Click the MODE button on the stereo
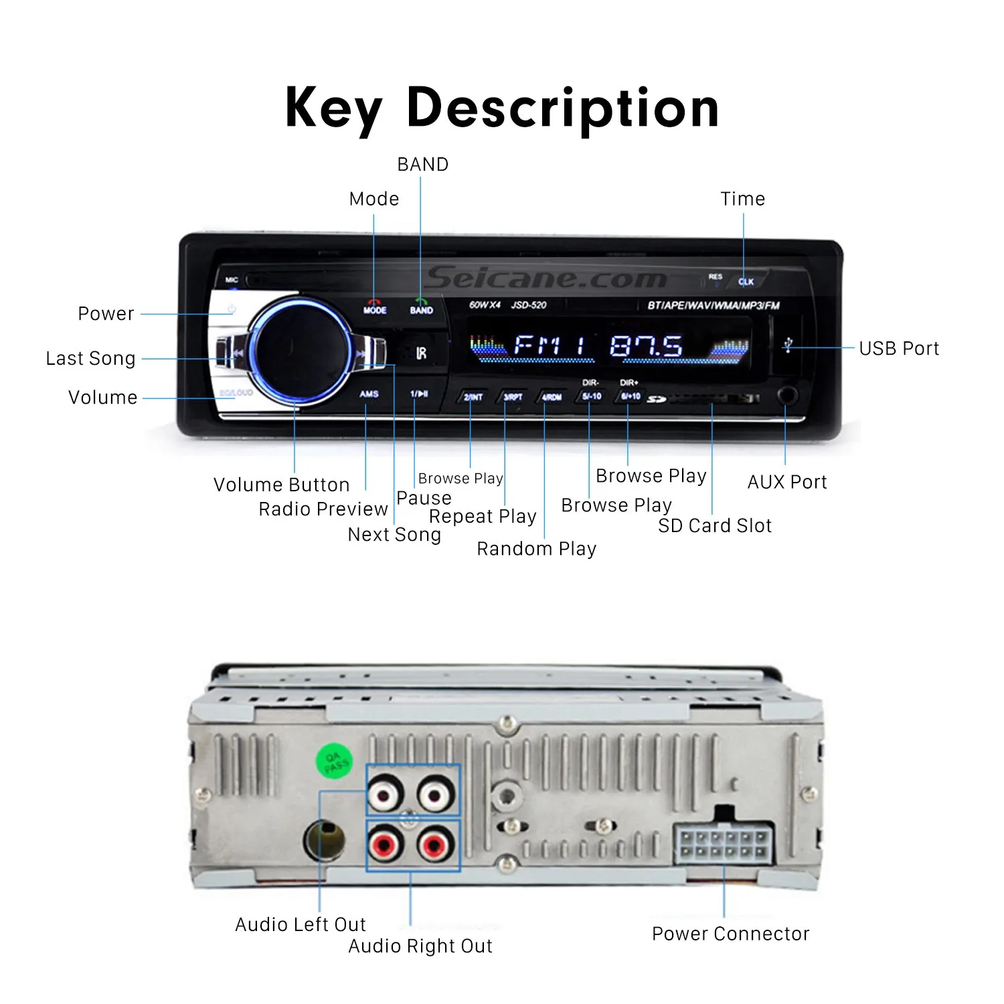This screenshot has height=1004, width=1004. point(375,308)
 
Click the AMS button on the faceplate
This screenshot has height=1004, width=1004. point(369,394)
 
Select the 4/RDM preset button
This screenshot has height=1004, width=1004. point(551,397)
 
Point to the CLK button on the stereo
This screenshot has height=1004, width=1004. point(746,282)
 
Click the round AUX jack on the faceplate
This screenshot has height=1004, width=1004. point(788,395)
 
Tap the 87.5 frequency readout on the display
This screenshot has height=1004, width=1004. point(646,346)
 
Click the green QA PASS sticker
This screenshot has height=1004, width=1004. point(334,762)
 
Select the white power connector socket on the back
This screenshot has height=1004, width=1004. point(723,845)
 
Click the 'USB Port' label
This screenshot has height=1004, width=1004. point(899,349)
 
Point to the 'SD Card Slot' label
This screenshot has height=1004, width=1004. point(715,526)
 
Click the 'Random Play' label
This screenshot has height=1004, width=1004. point(536,549)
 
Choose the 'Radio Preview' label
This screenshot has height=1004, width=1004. point(323,509)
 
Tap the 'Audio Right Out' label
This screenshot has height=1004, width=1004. point(420,946)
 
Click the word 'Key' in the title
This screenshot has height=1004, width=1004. point(333,108)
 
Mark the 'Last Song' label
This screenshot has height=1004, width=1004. point(90,359)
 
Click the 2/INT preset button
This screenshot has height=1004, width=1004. point(473,397)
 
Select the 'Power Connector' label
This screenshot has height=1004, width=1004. point(730,934)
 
